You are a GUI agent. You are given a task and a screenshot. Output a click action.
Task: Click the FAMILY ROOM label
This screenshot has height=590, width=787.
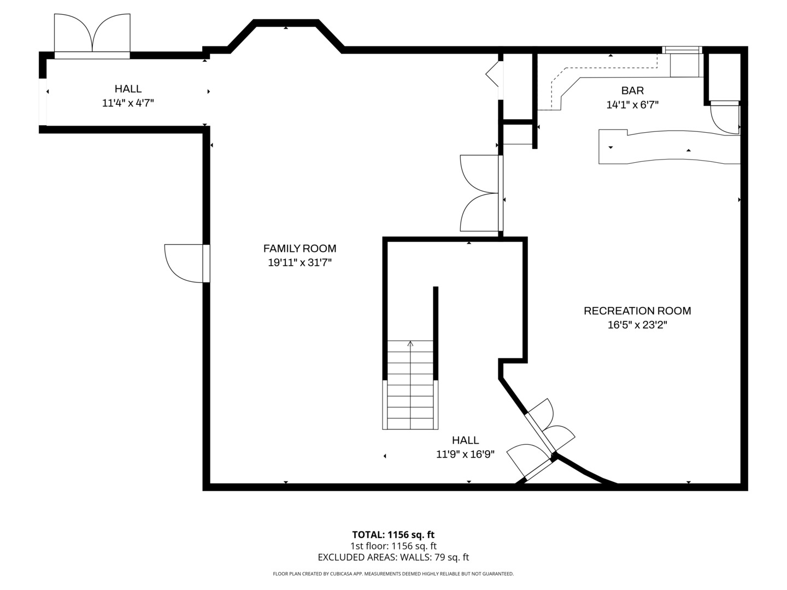click(x=299, y=248)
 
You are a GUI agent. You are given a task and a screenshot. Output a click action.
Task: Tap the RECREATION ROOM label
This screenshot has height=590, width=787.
click(x=637, y=311)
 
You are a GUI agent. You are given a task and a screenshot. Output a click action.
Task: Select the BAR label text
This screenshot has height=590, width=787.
click(x=632, y=90)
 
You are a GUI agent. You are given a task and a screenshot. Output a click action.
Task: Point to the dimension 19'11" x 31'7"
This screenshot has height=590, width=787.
click(x=299, y=263)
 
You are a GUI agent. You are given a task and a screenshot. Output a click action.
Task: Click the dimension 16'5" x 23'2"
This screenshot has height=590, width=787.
click(x=637, y=325)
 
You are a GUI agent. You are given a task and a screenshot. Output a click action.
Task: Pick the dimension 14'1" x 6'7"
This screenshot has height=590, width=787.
click(x=632, y=104)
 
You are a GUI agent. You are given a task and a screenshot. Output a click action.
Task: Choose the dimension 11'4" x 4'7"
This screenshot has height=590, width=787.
click(x=128, y=103)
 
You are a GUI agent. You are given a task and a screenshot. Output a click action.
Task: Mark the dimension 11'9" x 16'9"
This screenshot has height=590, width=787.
click(x=466, y=454)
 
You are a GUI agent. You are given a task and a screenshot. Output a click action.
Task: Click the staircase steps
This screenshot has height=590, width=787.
click(x=410, y=385)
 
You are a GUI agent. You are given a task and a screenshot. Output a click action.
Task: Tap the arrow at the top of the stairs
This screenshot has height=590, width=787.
click(x=410, y=344)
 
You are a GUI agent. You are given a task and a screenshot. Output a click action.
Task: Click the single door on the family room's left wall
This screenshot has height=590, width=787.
click(x=187, y=263)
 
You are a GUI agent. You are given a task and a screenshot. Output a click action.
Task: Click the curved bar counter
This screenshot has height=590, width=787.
click(x=669, y=147)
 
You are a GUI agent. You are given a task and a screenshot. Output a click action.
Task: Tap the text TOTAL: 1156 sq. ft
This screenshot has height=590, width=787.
click(x=393, y=535)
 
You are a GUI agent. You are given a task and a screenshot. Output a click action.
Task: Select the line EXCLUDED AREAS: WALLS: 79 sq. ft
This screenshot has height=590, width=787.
click(x=393, y=557)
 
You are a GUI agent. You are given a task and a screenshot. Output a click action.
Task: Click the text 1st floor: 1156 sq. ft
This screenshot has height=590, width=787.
click(x=393, y=546)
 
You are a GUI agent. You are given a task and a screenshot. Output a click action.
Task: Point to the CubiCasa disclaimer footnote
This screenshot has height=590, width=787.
click(x=393, y=574)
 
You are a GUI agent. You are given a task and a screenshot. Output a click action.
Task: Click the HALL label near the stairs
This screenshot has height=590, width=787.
click(x=466, y=440)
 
